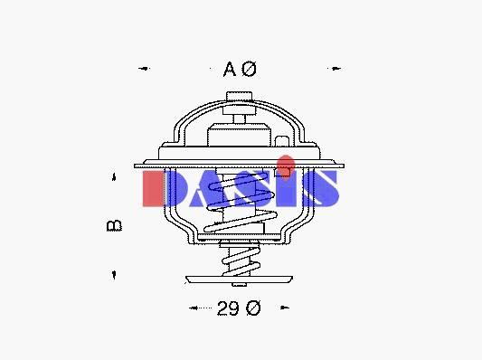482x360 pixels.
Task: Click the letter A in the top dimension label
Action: (x=230, y=69)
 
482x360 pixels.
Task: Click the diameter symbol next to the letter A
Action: (x=249, y=69)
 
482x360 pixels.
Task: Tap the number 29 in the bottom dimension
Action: (x=228, y=308)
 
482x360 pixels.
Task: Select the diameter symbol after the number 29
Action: (x=253, y=308)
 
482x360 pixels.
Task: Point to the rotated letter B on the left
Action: (x=114, y=226)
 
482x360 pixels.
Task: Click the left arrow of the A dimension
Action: (x=144, y=68)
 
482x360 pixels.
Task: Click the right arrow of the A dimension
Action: (x=335, y=68)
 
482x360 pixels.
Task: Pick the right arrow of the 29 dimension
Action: (x=285, y=308)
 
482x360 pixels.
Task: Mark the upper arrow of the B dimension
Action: (x=114, y=176)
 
